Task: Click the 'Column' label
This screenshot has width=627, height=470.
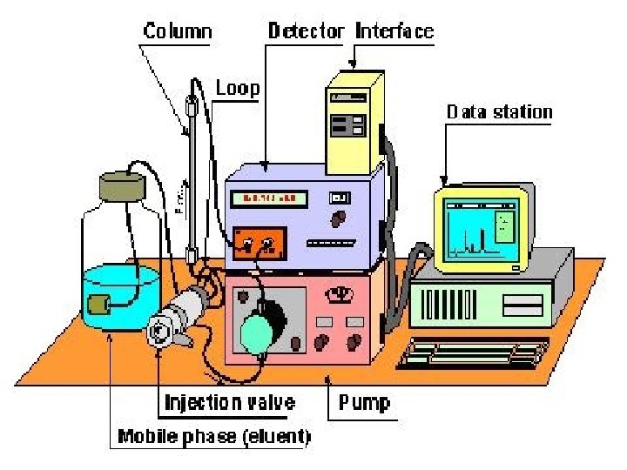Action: tap(177, 32)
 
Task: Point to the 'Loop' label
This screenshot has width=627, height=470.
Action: tap(237, 88)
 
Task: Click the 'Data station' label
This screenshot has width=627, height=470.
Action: tap(499, 111)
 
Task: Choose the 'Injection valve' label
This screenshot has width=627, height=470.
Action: tap(230, 403)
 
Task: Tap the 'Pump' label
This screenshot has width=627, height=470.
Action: tap(364, 403)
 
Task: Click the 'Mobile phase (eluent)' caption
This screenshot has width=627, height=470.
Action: tap(214, 435)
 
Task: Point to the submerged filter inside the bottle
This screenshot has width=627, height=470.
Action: tap(98, 305)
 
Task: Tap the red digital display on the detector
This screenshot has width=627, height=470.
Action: tap(269, 199)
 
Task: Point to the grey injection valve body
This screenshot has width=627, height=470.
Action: tap(179, 317)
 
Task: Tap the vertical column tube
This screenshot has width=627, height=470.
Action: tap(192, 174)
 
